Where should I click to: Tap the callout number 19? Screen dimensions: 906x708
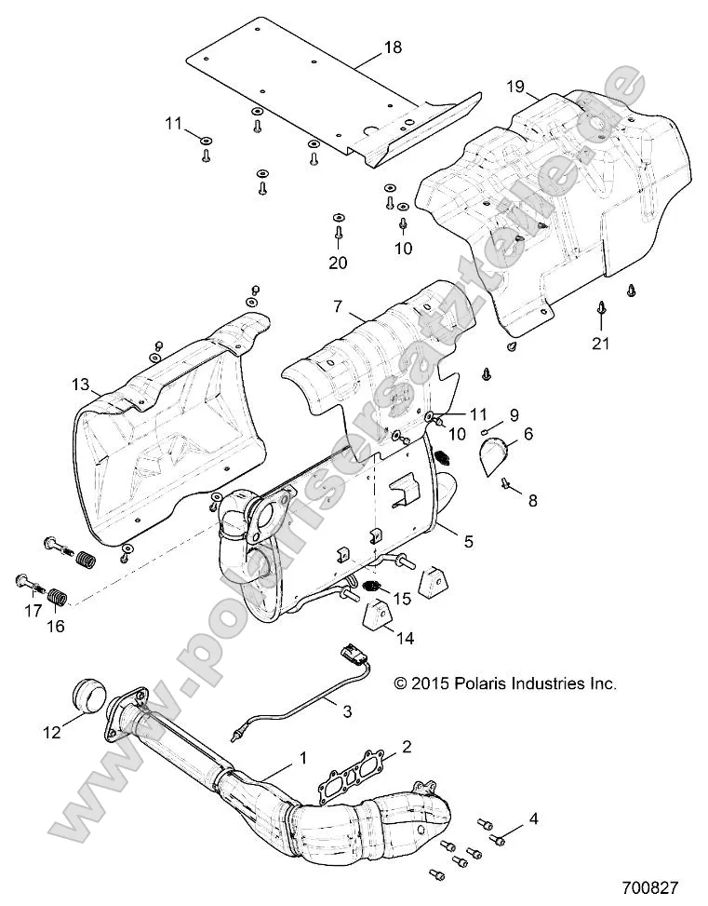(516, 87)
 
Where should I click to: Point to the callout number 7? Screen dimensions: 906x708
(340, 305)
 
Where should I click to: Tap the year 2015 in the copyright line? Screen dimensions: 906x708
(433, 683)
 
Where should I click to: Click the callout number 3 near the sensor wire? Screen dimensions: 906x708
(346, 712)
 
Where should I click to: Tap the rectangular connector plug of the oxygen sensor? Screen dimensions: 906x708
(352, 649)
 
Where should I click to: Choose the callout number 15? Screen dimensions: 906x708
(402, 596)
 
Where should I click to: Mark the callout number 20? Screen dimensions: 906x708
(338, 264)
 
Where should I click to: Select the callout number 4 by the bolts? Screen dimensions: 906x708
(532, 818)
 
